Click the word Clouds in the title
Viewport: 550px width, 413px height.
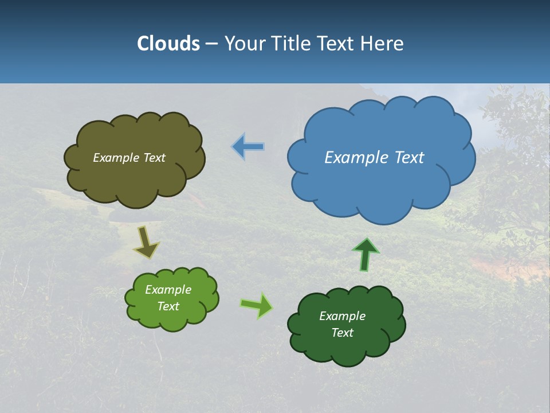click(168, 44)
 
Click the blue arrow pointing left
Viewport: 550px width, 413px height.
click(248, 147)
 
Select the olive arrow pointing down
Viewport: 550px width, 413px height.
click(146, 242)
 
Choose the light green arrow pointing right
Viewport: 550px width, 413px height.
click(257, 305)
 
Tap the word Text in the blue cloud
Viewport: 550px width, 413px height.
click(410, 158)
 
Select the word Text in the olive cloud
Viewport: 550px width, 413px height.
click(154, 158)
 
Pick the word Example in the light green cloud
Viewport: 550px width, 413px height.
click(168, 290)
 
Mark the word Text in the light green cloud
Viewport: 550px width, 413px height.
click(168, 306)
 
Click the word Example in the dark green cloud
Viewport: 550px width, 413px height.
click(342, 316)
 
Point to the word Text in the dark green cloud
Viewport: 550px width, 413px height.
click(342, 333)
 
